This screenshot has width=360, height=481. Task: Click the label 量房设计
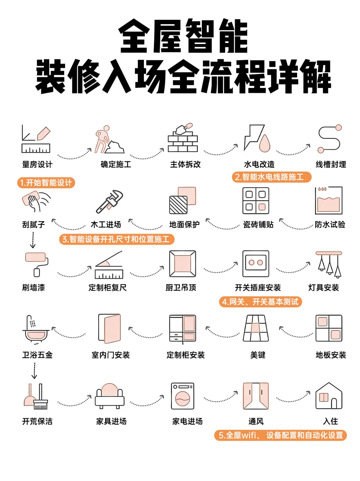pos(37,164)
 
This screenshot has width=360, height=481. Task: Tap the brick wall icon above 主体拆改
pos(183,138)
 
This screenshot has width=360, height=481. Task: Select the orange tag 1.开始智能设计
pos(46,183)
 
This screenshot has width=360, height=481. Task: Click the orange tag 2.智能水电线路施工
pos(271,177)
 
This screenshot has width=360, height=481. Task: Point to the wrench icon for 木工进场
pos(109,201)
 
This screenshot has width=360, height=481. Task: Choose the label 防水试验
pos(330,225)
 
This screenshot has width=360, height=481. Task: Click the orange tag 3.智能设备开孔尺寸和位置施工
pos(117,239)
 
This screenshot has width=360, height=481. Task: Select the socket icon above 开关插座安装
pos(256,264)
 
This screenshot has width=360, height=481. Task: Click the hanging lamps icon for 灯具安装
pos(329,264)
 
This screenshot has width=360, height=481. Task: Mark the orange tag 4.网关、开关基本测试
pos(260,302)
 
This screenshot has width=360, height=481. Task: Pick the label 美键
pos(258,355)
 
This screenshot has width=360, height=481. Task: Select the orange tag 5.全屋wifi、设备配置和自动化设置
pos(280,435)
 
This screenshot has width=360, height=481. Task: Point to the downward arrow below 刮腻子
pos(33,240)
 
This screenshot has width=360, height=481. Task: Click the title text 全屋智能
pos(183,36)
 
